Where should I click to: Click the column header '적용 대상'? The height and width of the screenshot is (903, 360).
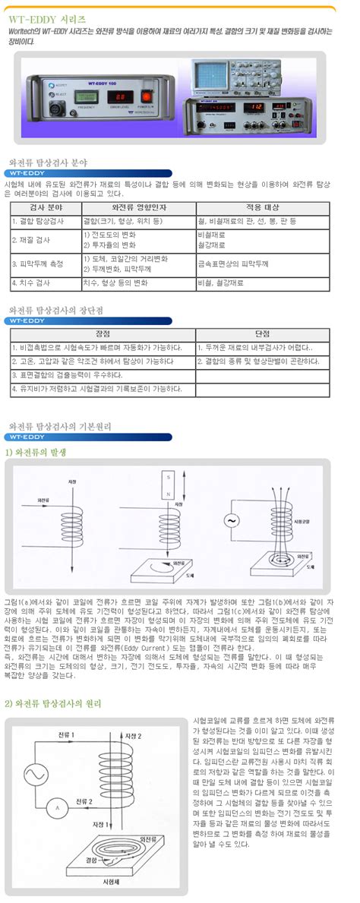click(261, 207)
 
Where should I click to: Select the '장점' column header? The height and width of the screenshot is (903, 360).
click(102, 333)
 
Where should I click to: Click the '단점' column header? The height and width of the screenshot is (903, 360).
click(263, 333)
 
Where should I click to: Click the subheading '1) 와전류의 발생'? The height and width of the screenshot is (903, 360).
click(33, 451)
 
